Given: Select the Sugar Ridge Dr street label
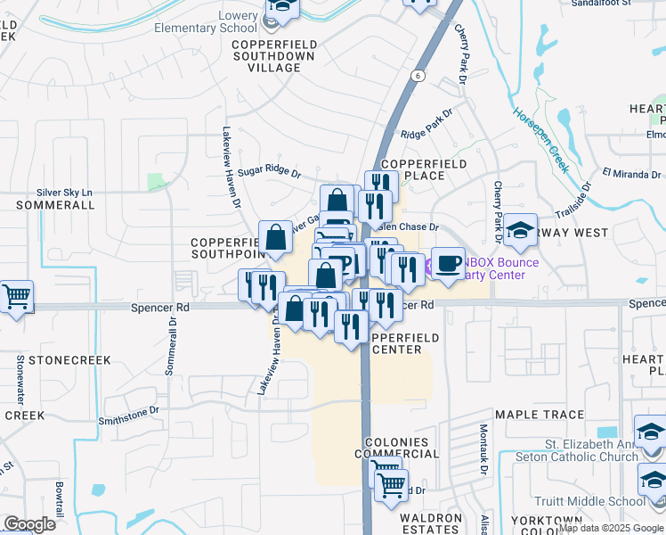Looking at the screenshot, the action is coord(270,169).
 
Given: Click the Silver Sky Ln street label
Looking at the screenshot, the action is coord(64,192).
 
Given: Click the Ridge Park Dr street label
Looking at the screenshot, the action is coord(426,126).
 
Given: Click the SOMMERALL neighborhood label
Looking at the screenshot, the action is coord(55,205).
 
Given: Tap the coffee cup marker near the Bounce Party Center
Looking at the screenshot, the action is coord(448,263).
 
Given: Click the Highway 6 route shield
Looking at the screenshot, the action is coord(418,77).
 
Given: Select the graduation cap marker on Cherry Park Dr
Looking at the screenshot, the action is coord(519,231).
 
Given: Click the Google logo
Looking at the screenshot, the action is coord(30,524).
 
